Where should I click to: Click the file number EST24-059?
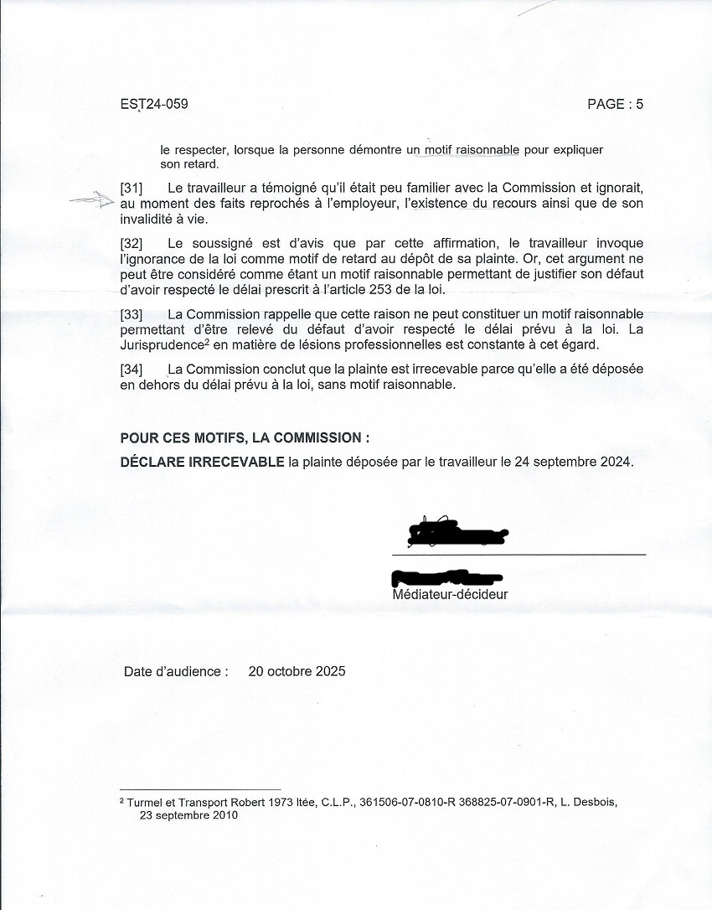click(x=154, y=104)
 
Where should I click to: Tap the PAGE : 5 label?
click(x=615, y=104)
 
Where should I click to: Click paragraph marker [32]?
click(x=132, y=243)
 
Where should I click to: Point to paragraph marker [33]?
click(x=132, y=314)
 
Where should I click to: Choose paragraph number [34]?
click(x=132, y=370)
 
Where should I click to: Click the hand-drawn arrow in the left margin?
click(x=92, y=200)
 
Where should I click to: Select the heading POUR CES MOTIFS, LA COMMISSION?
click(x=245, y=437)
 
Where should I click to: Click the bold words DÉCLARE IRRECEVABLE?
click(x=202, y=462)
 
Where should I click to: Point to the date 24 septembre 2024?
click(x=578, y=462)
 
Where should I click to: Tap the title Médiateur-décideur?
click(x=450, y=595)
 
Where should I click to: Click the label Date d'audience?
click(x=176, y=671)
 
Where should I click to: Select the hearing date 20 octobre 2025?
click(x=297, y=671)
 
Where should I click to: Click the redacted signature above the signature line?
click(x=457, y=533)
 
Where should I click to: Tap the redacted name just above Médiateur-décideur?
click(x=447, y=577)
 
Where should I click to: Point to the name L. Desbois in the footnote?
click(x=588, y=802)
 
